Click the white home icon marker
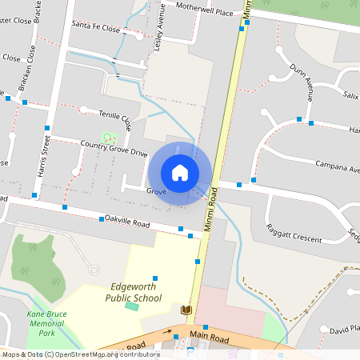pos(180,173)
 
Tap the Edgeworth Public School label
pos(134,292)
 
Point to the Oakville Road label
pos(127,224)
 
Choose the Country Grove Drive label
pos(114,148)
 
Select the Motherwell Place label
pos(205,12)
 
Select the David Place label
pos(345,329)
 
